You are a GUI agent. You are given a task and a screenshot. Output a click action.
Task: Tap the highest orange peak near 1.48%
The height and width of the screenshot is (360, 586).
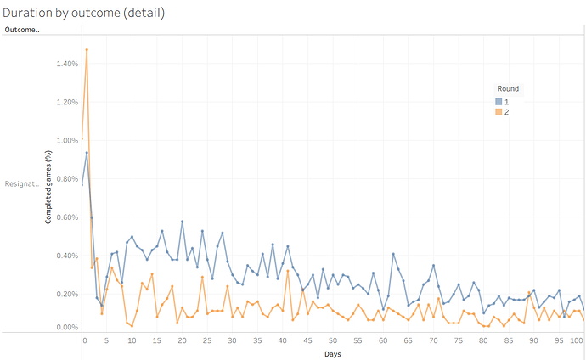pos(87,49)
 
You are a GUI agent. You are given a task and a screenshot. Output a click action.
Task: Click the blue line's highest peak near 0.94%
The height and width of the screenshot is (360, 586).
pos(87,153)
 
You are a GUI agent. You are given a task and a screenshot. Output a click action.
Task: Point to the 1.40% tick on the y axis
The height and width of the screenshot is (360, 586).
pos(66,64)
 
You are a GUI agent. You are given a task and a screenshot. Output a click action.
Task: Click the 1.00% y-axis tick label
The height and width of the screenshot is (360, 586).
pos(66,141)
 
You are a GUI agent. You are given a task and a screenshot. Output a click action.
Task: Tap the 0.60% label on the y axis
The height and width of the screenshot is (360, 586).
pos(66,217)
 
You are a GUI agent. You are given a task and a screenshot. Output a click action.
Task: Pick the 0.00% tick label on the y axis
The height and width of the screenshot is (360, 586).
pos(66,326)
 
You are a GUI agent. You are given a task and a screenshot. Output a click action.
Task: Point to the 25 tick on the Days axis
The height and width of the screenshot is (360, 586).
pos(207,340)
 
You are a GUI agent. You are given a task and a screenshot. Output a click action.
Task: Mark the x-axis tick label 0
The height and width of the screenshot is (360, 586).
pos(84,340)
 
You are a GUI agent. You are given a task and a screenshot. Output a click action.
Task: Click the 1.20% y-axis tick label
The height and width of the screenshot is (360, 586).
pos(66,102)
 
